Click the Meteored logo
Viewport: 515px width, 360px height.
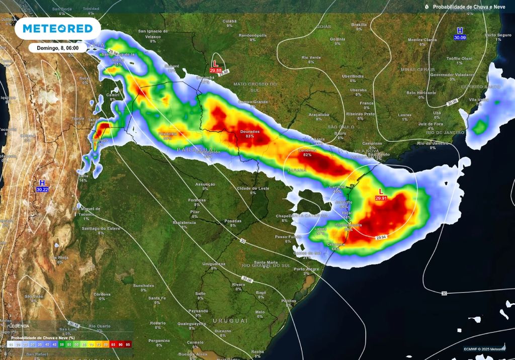[58, 29]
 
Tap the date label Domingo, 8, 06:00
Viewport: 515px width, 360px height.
[58, 48]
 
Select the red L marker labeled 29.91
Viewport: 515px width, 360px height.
[381, 195]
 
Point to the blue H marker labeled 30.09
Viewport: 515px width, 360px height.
[460, 34]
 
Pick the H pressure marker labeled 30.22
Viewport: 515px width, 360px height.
[42, 186]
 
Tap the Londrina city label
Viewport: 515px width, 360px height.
[307, 150]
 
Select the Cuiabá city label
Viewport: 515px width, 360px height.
[229, 21]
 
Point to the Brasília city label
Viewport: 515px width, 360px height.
[359, 24]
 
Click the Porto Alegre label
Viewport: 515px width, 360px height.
[306, 269]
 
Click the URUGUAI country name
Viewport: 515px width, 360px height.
[230, 320]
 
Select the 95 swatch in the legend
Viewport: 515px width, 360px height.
[128, 344]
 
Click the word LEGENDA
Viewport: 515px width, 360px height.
[19, 326]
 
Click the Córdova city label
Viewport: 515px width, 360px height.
[102, 294]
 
